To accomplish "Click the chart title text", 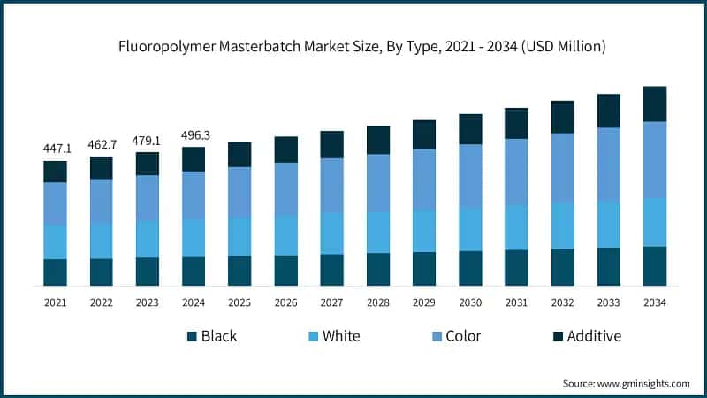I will (x=353, y=45).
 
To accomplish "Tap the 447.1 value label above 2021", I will (x=55, y=149).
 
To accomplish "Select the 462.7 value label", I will (x=101, y=144).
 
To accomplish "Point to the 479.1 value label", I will (x=147, y=140).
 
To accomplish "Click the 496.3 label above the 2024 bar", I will (x=193, y=135).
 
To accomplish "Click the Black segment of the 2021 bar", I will (x=55, y=272).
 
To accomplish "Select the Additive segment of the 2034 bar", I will (x=654, y=103).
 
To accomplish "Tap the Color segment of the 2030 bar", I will (x=470, y=175).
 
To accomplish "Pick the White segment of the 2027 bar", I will (x=331, y=233).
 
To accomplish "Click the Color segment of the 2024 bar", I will (x=194, y=195).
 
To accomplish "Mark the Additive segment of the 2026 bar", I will (x=285, y=149).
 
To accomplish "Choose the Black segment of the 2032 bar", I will (x=562, y=267).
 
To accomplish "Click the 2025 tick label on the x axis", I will (x=239, y=303).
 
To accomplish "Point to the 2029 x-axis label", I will (x=424, y=303).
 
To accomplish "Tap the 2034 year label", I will (x=654, y=303).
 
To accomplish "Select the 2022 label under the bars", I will (x=101, y=303).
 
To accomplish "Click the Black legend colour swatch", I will (x=190, y=337).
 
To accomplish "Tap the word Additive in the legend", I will (x=595, y=336).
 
